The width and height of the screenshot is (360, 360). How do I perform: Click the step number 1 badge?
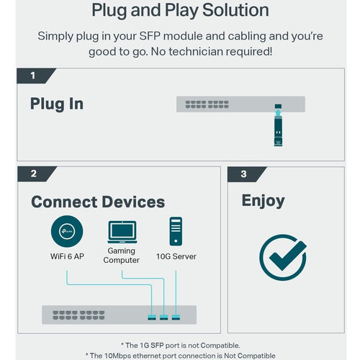[x=35, y=76]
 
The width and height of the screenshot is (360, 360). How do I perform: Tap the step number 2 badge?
[x=35, y=174]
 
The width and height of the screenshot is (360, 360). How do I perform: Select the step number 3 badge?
[x=246, y=174]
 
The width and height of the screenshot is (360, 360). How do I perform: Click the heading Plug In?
[x=57, y=104]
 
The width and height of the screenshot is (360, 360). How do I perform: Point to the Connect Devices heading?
[x=98, y=202]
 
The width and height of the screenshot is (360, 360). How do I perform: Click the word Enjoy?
[x=264, y=201]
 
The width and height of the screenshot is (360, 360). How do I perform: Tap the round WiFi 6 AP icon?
[x=67, y=231]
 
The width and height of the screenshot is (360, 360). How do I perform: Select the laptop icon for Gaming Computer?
[x=122, y=232]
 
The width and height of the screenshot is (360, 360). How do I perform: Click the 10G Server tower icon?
[x=176, y=231]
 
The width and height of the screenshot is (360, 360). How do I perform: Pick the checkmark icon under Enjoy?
[x=283, y=257]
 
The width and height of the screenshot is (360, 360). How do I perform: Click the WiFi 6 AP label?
[x=67, y=256]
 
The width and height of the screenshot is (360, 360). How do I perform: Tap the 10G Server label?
[x=176, y=256]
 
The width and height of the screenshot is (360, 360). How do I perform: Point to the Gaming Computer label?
[x=122, y=256]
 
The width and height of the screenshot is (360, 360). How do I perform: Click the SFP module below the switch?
[x=278, y=132]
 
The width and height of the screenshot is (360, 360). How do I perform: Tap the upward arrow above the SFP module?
[x=278, y=112]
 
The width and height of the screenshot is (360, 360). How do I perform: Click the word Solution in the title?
[x=235, y=10]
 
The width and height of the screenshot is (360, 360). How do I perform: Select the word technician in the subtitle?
[x=196, y=52]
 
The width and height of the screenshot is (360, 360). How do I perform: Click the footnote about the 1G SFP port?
[x=181, y=346]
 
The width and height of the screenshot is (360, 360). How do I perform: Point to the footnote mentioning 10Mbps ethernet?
[x=181, y=356]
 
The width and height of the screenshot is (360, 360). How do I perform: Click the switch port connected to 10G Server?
[x=176, y=318]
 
